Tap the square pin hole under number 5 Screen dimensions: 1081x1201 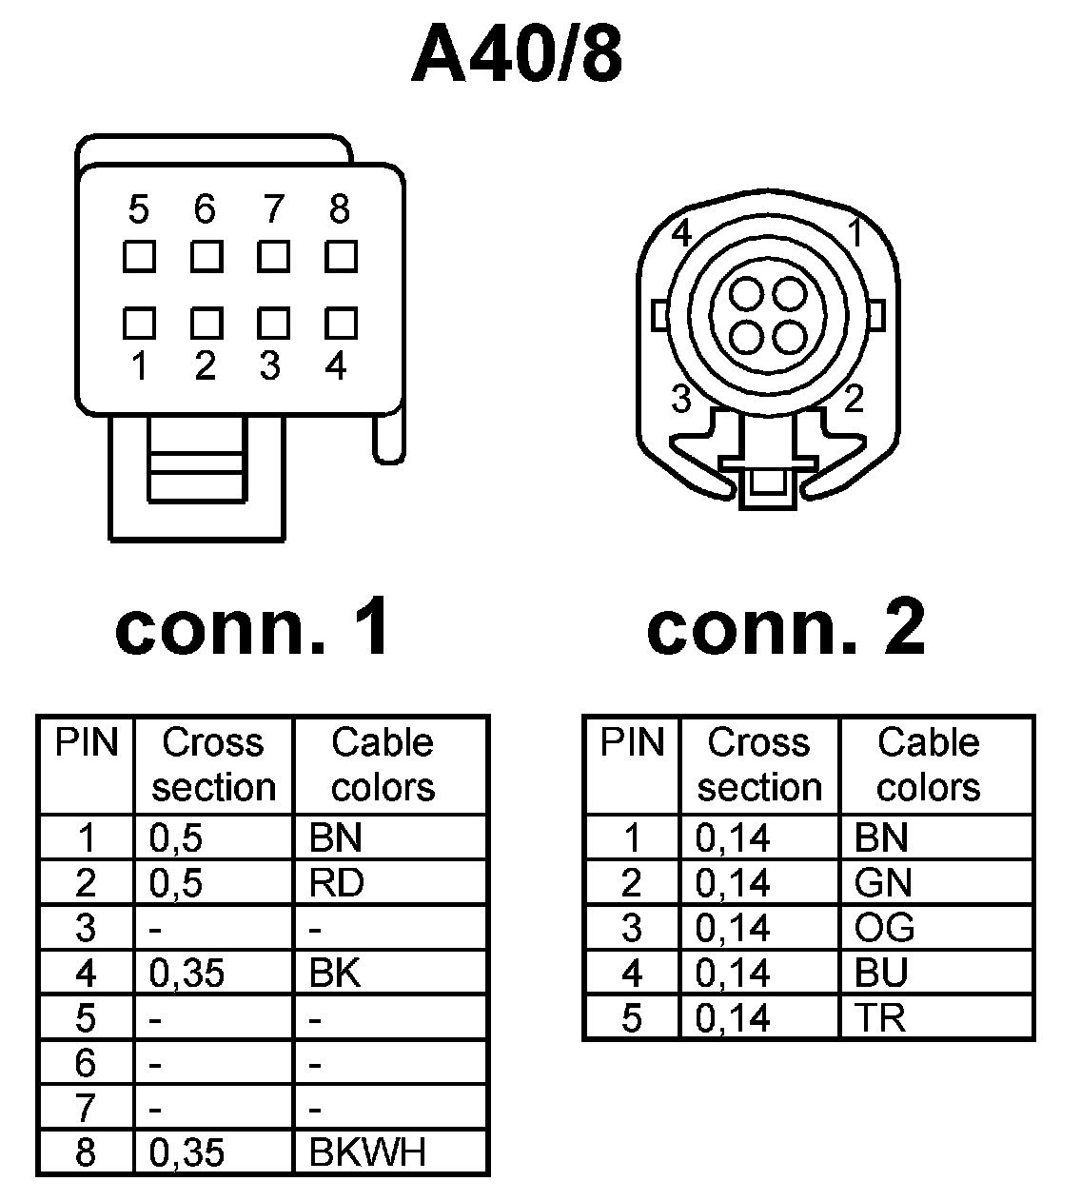pyautogui.click(x=139, y=257)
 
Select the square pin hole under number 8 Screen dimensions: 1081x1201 pyautogui.click(x=341, y=257)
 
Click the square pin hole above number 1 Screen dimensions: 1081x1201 pyautogui.click(x=139, y=324)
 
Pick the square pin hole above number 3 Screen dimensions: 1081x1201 pyautogui.click(x=273, y=324)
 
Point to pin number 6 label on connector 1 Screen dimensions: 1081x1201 pyautogui.click(x=205, y=209)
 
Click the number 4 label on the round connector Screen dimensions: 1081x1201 pyautogui.click(x=681, y=233)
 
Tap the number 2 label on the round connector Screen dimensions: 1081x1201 pyautogui.click(x=854, y=399)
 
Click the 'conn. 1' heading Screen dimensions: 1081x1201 pyautogui.click(x=253, y=628)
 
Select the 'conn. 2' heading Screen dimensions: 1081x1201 pyautogui.click(x=786, y=628)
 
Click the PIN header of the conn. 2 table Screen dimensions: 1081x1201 pyautogui.click(x=632, y=742)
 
